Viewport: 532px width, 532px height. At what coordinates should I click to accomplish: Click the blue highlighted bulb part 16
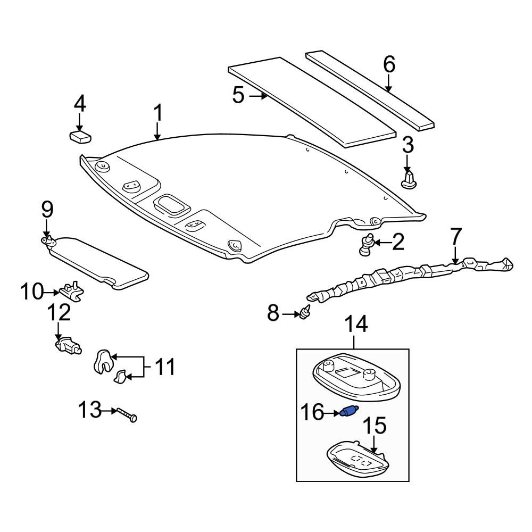(x=348, y=412)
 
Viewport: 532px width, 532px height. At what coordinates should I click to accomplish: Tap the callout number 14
(x=356, y=324)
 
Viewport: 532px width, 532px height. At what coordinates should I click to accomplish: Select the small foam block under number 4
(x=80, y=137)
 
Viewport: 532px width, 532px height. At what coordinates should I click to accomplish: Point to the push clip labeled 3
(x=409, y=180)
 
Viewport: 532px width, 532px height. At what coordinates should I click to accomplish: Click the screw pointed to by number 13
(x=127, y=414)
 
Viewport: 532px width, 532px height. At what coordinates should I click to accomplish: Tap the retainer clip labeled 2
(x=367, y=245)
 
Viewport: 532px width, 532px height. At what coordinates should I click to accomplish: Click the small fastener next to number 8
(x=305, y=312)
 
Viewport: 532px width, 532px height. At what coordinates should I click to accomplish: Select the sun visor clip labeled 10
(x=72, y=291)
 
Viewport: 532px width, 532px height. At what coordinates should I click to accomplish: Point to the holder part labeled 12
(x=68, y=345)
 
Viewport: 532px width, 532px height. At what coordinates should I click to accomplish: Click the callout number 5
(x=238, y=95)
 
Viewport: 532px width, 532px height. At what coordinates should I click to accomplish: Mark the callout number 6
(x=389, y=64)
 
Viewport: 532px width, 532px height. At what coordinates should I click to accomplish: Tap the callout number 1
(x=158, y=113)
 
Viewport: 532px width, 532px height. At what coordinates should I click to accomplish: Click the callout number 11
(x=164, y=367)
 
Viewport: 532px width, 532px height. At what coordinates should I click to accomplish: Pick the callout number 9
(x=47, y=210)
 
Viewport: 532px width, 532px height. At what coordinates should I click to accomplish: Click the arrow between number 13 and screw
(x=109, y=411)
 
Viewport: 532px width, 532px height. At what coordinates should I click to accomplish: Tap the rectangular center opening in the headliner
(x=172, y=204)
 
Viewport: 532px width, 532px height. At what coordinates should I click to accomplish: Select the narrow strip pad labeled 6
(x=370, y=90)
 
